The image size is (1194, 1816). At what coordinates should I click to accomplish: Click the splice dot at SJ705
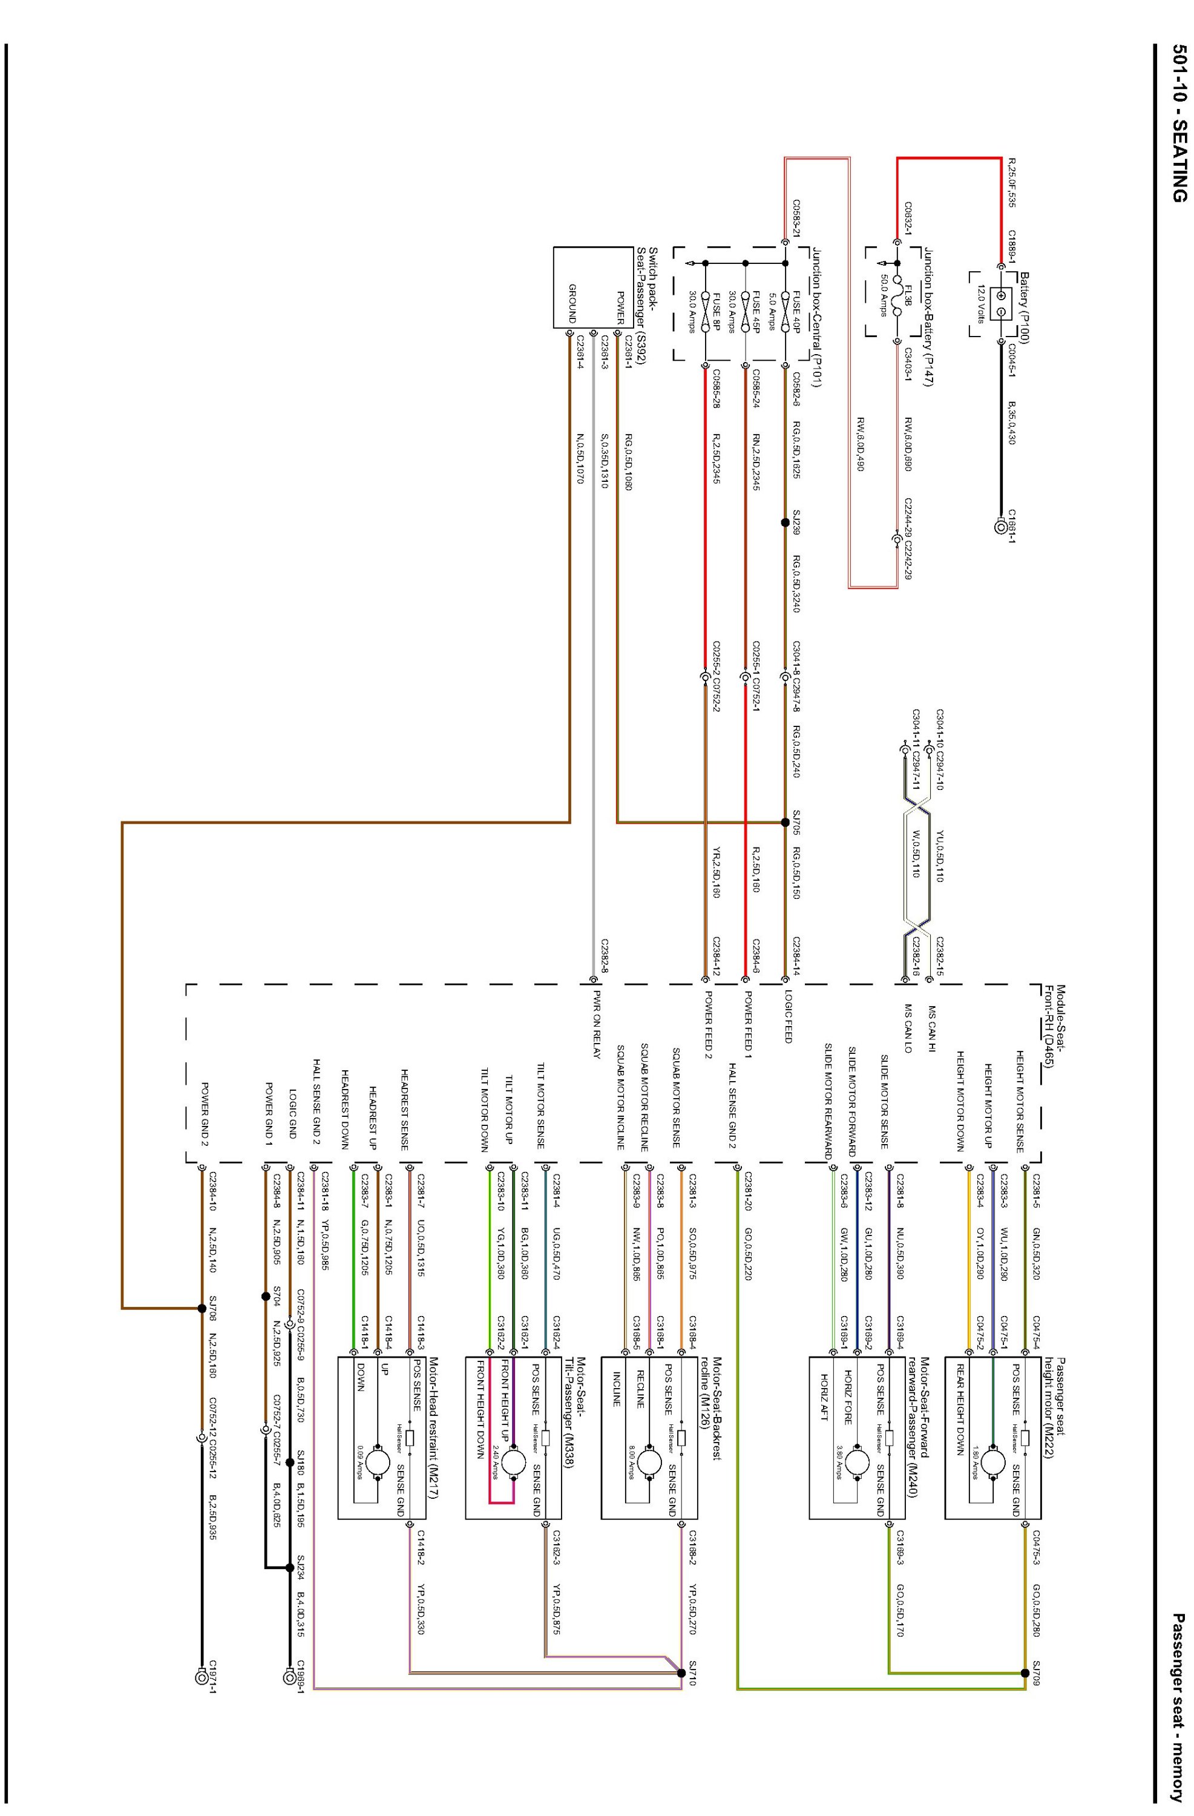[785, 823]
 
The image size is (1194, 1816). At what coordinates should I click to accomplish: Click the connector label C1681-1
[1012, 527]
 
